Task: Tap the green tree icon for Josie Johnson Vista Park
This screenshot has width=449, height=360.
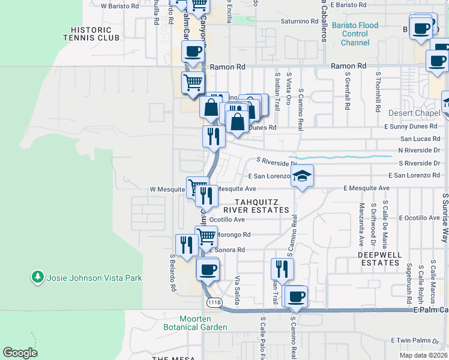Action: pyautogui.click(x=38, y=277)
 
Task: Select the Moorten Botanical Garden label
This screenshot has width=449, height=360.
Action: pyautogui.click(x=195, y=323)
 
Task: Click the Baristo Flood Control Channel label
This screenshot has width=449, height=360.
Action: pyautogui.click(x=355, y=34)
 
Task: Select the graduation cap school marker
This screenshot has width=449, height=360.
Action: pyautogui.click(x=303, y=176)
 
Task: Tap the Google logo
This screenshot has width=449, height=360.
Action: pyautogui.click(x=20, y=353)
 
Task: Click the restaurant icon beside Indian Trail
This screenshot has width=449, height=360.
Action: pyautogui.click(x=280, y=268)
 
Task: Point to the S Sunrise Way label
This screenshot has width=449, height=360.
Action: pyautogui.click(x=445, y=218)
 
